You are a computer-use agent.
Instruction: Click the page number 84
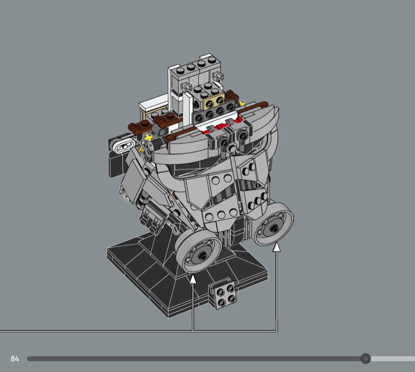point(15,359)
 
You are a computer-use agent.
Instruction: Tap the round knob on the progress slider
point(366,359)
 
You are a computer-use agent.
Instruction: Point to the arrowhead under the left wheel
point(193,279)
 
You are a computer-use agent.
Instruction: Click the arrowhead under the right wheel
point(277,247)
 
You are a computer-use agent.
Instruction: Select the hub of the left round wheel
point(203,256)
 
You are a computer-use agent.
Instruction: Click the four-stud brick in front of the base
point(223,294)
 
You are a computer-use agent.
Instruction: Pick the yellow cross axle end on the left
point(149,137)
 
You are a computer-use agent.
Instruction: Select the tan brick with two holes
point(213,101)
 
